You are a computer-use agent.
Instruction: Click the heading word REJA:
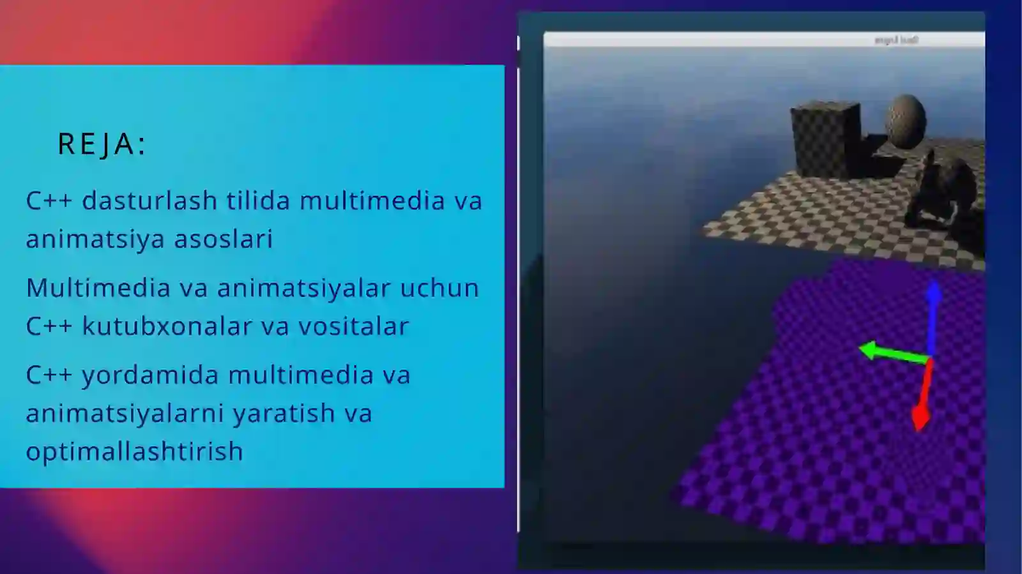(x=102, y=144)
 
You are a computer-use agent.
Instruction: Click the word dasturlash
(x=150, y=201)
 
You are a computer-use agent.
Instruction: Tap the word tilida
(x=259, y=201)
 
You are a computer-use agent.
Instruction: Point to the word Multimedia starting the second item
(x=98, y=288)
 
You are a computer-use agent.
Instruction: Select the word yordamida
(x=151, y=375)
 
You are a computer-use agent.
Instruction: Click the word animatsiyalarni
(x=125, y=414)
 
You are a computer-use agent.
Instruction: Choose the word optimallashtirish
(x=135, y=451)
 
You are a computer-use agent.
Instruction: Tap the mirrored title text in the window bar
(x=896, y=40)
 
